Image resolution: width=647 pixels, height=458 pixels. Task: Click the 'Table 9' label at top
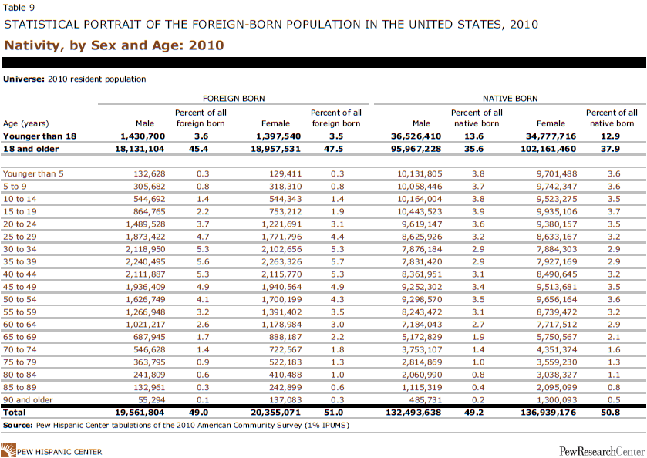[19, 8]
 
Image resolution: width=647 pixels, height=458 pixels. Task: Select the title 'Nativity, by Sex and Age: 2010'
[114, 45]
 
